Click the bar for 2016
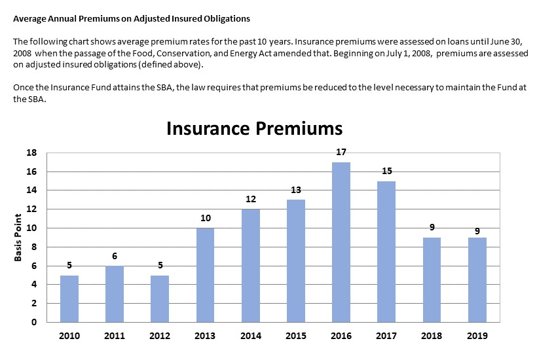pos(341,242)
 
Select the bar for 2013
pos(205,274)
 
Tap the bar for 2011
pos(115,293)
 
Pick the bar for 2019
pos(477,279)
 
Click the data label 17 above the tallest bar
pos(341,152)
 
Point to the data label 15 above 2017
pos(386,171)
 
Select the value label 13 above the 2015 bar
pos(296,190)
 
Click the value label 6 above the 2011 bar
pos(115,255)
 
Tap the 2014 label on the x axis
pos(251,336)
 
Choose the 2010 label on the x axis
pos(69,336)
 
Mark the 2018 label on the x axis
pos(432,336)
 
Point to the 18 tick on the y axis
pos(31,153)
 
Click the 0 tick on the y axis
pos(33,322)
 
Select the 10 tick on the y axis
pos(31,228)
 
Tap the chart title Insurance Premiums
pos(254,128)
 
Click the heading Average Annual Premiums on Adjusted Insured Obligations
pos(131,18)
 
